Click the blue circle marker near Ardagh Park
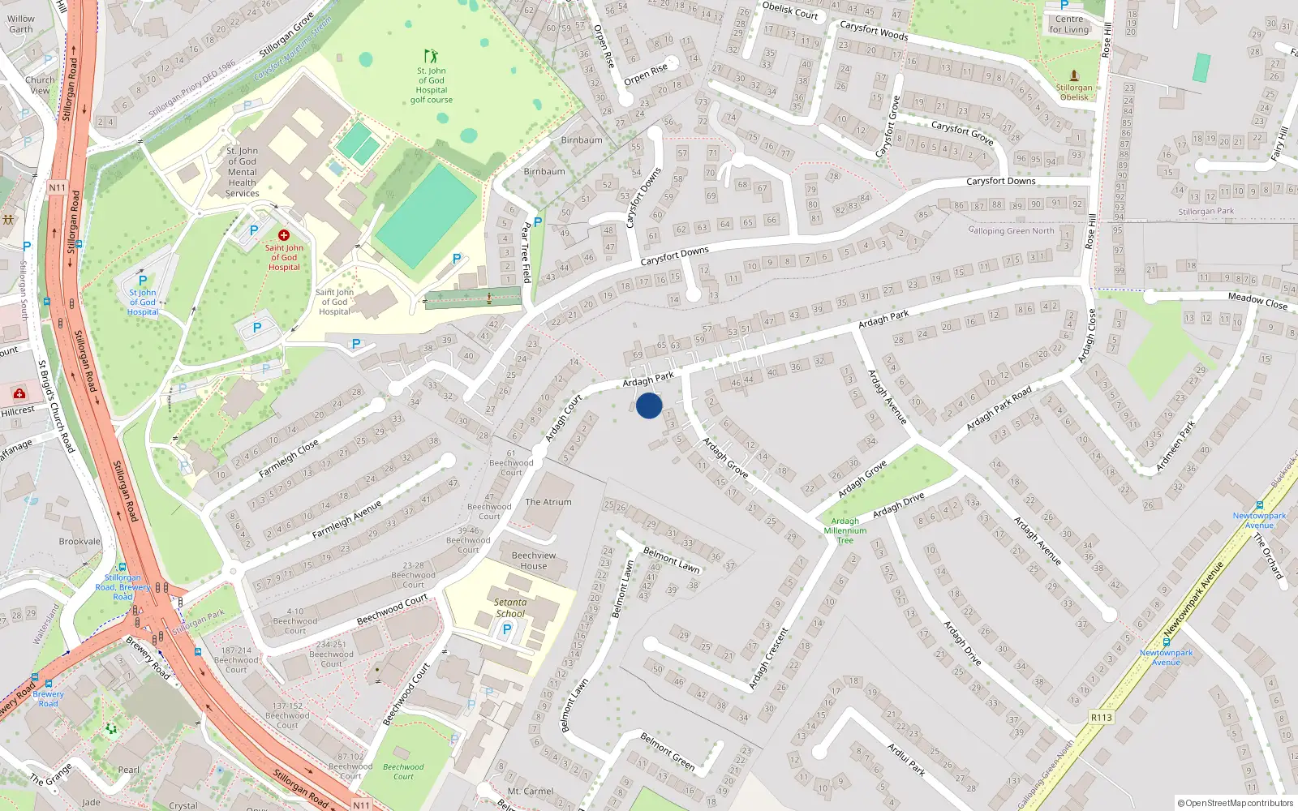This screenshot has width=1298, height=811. click(x=649, y=405)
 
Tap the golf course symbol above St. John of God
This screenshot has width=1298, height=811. click(x=431, y=56)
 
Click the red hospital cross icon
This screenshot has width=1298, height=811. click(x=284, y=235)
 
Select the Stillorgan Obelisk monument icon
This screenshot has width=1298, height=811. click(x=1074, y=75)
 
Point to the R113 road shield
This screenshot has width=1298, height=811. click(x=1101, y=717)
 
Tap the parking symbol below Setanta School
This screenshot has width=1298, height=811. click(x=508, y=629)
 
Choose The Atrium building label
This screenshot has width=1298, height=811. click(x=548, y=502)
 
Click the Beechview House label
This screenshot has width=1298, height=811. click(x=534, y=560)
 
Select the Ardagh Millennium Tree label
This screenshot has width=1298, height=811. click(x=845, y=530)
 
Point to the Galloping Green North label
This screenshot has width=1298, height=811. click(x=1011, y=231)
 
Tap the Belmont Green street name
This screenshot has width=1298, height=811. click(x=667, y=751)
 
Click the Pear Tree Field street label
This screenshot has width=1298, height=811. click(x=527, y=252)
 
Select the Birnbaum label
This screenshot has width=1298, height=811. click(x=582, y=140)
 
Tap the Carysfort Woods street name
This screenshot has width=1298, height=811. click(x=874, y=31)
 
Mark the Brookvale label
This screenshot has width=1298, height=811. click(x=80, y=542)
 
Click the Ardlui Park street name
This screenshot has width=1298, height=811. click(x=906, y=759)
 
